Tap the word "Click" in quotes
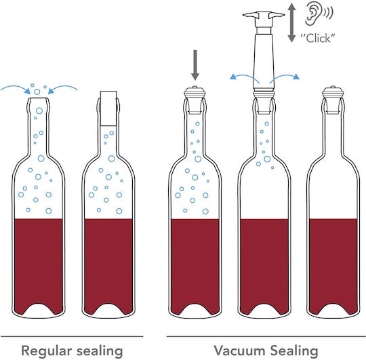(318, 38)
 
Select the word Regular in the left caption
(47, 351)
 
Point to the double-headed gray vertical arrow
(291, 22)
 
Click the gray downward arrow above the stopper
(195, 65)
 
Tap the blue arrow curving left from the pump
(244, 77)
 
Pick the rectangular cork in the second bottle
(108, 108)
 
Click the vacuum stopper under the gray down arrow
(195, 100)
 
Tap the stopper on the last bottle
(333, 100)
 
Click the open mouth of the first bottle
(38, 98)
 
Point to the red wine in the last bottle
(333, 264)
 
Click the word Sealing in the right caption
(294, 351)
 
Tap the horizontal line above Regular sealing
(72, 336)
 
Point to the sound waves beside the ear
(329, 13)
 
